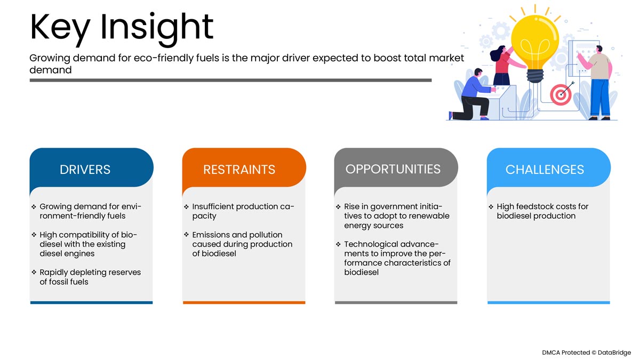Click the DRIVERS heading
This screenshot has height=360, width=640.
85,170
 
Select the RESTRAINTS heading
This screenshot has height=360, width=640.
239,170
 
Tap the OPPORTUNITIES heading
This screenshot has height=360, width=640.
393,169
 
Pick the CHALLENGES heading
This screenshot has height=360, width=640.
545,170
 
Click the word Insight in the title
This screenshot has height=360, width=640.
157,28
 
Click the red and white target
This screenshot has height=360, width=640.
561,94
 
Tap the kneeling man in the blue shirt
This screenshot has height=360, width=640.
471,95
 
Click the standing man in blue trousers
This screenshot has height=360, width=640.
598,83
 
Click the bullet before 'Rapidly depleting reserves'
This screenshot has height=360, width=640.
34,273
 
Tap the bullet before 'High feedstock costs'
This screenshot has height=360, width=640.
491,206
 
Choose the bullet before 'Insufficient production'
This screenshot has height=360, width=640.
187,206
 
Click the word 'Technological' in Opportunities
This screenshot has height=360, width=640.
371,244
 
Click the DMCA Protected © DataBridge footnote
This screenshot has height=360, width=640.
586,353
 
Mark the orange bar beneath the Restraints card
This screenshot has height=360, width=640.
244,302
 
